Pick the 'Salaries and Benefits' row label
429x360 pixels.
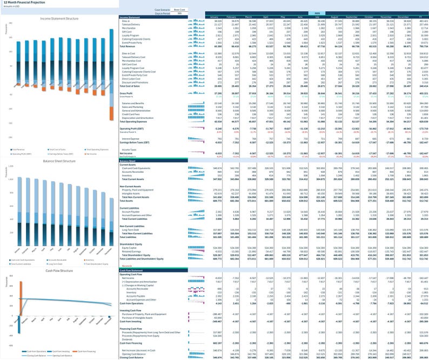coord(133,103)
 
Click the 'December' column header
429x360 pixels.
coord(394,17)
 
